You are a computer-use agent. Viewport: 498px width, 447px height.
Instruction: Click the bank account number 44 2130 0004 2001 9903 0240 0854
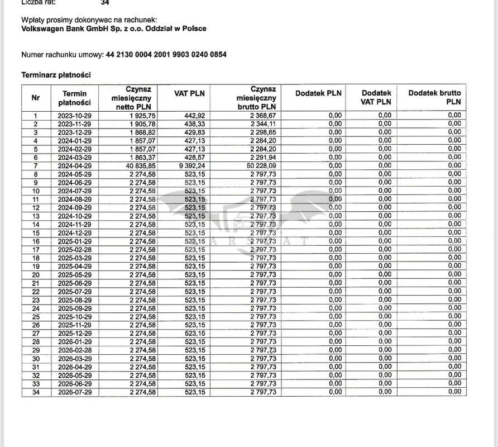point(166,54)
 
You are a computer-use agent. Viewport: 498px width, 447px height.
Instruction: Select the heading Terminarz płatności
point(56,74)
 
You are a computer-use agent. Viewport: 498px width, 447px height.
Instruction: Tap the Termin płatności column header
point(74,98)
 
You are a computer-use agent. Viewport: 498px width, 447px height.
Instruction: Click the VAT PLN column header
point(190,93)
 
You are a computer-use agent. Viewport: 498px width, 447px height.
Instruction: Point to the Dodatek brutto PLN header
point(435,97)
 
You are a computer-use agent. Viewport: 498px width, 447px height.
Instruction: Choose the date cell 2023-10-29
point(74,115)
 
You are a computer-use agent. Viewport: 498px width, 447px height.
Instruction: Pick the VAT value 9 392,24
point(188,165)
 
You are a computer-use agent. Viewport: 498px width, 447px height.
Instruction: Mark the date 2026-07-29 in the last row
point(74,392)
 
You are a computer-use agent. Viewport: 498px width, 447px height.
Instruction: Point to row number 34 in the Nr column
point(36,392)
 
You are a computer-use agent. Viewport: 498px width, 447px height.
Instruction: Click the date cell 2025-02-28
point(74,249)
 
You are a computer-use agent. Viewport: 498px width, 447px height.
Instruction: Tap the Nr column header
point(36,98)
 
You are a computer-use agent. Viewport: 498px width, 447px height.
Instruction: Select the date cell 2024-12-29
point(74,232)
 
